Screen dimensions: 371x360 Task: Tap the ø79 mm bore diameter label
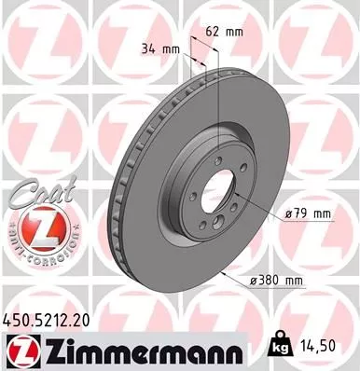309,213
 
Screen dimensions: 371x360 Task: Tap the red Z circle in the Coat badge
39,227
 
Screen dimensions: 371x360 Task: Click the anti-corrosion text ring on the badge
39,252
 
